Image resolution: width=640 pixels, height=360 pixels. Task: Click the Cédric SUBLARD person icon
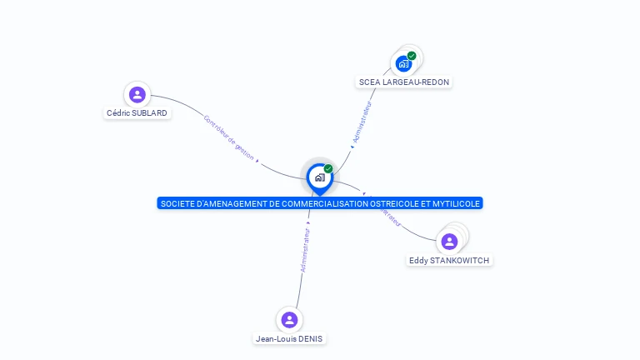coord(137,94)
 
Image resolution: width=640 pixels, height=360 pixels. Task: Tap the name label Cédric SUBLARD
coord(137,112)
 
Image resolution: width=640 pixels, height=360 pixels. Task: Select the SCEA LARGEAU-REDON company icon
coord(404,63)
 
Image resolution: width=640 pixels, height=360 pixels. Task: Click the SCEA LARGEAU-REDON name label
coord(404,82)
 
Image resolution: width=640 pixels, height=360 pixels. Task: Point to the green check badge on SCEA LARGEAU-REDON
coord(412,56)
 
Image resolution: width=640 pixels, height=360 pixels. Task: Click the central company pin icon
coord(319,177)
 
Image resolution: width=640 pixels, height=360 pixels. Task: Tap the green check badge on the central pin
coord(328,169)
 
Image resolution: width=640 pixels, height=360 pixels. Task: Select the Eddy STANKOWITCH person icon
coord(449,242)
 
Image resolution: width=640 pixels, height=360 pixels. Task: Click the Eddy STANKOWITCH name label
coord(449,261)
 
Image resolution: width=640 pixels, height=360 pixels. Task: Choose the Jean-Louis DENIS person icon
coord(289,320)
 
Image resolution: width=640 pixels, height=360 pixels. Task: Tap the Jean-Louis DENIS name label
coord(289,339)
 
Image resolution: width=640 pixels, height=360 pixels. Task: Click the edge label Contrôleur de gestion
coord(228,137)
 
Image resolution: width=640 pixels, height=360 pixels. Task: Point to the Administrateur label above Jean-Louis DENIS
coord(306,250)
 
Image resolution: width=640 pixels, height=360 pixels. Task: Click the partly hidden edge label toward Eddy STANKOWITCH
coord(391,217)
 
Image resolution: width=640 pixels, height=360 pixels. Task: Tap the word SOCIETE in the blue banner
coord(176,203)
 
